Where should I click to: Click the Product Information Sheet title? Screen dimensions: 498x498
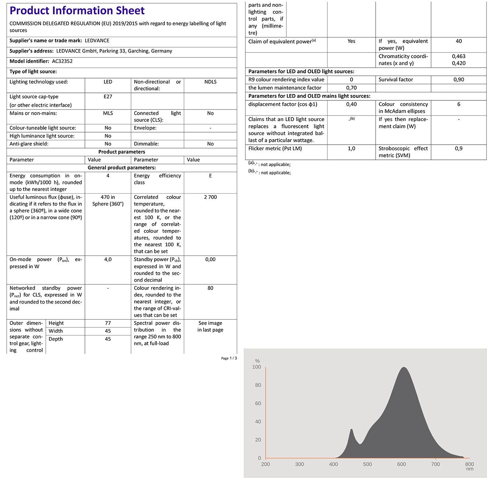[77, 11]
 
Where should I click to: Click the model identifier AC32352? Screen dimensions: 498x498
[62, 61]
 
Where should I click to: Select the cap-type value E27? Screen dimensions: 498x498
[108, 96]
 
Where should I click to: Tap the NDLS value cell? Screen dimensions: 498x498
[210, 82]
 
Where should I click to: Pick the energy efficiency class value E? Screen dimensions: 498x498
[210, 176]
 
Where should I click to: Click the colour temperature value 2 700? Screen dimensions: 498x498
[210, 197]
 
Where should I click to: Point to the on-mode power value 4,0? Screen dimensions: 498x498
[108, 259]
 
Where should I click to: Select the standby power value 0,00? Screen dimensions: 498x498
[210, 259]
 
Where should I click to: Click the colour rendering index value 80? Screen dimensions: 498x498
[210, 288]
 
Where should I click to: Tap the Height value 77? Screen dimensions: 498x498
[108, 323]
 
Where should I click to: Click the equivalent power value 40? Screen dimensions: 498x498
[459, 41]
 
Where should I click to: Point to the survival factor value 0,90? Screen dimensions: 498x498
[459, 80]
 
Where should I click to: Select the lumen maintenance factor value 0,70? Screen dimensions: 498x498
[351, 88]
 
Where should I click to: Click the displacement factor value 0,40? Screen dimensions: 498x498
[351, 104]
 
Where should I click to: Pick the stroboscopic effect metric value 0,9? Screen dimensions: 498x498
[459, 149]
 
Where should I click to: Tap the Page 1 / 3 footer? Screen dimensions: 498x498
[229, 358]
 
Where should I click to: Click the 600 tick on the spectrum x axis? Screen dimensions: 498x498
[402, 464]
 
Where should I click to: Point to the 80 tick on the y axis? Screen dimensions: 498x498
[258, 385]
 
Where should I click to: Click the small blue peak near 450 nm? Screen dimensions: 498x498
[351, 430]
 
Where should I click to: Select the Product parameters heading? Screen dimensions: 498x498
[122, 152]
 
